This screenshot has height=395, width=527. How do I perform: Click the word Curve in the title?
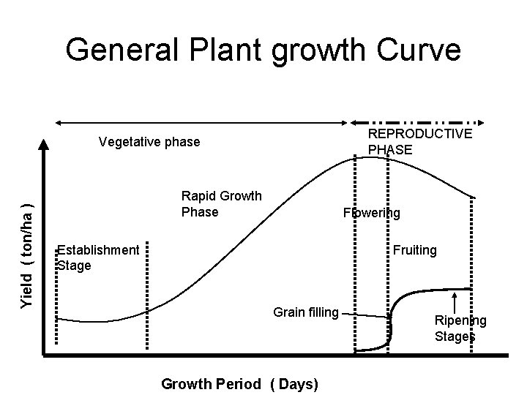point(417,50)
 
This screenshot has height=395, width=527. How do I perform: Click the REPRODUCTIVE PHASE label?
point(419,142)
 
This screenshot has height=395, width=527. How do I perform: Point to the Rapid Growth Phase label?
point(222,203)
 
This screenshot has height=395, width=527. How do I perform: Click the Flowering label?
point(372,213)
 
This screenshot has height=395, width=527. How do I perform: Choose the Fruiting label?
point(414,250)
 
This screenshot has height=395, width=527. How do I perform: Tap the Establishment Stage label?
point(98,257)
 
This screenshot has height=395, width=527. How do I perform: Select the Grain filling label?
point(306,312)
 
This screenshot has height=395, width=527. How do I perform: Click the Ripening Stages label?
point(460,328)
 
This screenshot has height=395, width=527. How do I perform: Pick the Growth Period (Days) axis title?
point(239,384)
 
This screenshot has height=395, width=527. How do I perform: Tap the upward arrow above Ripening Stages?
point(456,302)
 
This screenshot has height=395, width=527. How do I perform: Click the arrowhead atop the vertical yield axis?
point(45,144)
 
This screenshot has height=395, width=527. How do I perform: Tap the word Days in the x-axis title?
point(297,384)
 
